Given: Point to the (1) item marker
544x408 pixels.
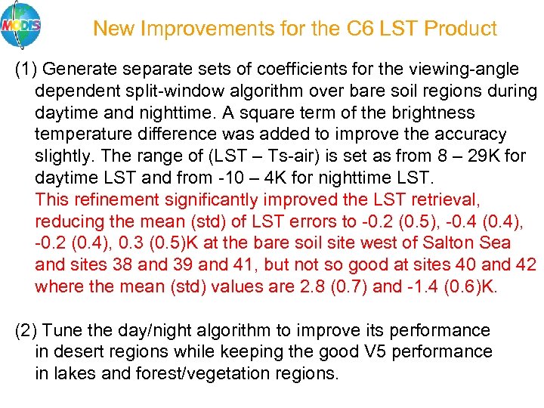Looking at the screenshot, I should (27, 70).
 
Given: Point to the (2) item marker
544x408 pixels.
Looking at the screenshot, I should (27, 331).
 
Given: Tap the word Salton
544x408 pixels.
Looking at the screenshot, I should (450, 244).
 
